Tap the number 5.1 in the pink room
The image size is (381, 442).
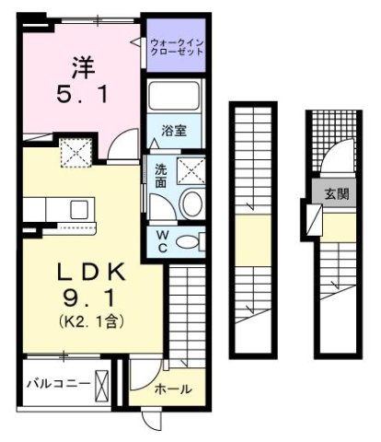(80, 95)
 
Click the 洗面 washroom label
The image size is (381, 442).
(159, 174)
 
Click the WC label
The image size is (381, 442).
(159, 241)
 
